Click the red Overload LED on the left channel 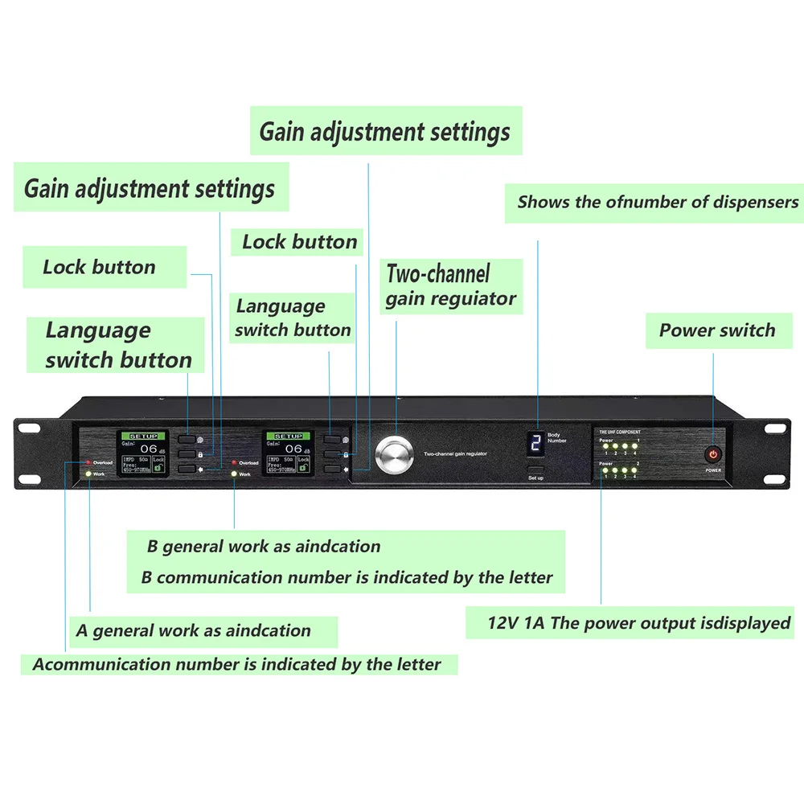pos(88,462)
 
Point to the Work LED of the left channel pos(88,474)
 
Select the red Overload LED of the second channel pos(233,462)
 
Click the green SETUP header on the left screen pos(143,436)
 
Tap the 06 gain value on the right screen pos(293,449)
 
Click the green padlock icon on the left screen pos(155,467)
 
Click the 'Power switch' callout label pos(716,330)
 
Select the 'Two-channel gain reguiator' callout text pos(449,286)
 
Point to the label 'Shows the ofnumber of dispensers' pos(658,202)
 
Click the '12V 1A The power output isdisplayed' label pos(638,623)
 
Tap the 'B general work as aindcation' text pos(263,547)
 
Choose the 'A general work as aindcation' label pos(193,630)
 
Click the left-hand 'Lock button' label pos(99,267)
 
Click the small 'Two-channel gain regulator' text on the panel pos(454,454)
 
